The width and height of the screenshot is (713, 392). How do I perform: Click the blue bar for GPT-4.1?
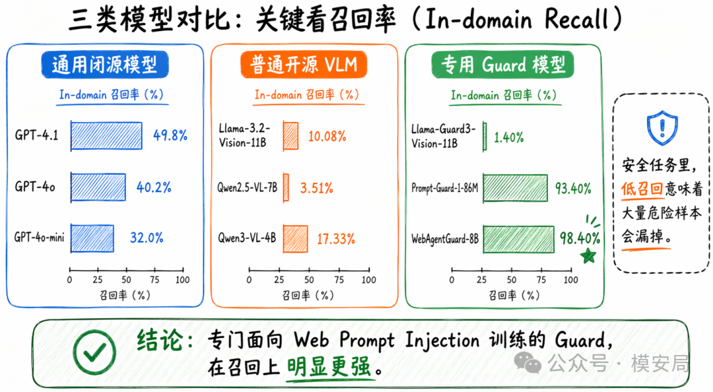(x=106, y=135)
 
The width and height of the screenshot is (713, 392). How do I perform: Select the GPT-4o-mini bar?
(x=92, y=238)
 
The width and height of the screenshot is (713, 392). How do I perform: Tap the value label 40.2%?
(x=154, y=187)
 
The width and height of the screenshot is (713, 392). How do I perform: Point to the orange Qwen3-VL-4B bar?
(x=296, y=239)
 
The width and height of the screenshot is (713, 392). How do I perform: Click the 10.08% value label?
(x=327, y=136)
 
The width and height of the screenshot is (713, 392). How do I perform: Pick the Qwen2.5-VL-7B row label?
(x=247, y=187)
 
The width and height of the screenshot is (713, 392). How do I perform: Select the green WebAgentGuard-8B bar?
(x=519, y=239)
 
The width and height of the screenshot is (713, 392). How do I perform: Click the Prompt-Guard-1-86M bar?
(x=516, y=188)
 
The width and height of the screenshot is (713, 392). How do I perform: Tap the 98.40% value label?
(x=580, y=238)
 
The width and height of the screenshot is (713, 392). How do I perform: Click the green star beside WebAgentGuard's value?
(x=588, y=255)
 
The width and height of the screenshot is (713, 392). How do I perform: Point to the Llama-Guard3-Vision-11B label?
(x=443, y=136)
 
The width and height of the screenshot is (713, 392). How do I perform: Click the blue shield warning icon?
(x=662, y=127)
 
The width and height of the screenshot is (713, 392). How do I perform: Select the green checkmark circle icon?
(x=94, y=352)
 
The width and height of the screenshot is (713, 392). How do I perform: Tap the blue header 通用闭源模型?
(x=105, y=64)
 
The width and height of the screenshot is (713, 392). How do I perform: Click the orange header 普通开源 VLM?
(x=304, y=64)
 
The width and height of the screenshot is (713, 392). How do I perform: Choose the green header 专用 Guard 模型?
(x=503, y=64)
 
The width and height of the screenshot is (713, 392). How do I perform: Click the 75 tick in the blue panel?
(x=154, y=279)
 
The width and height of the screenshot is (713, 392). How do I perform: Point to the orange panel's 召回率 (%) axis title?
(x=308, y=296)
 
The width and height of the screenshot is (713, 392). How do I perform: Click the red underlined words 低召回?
(x=642, y=189)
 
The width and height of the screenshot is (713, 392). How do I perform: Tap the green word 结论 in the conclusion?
(x=160, y=340)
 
